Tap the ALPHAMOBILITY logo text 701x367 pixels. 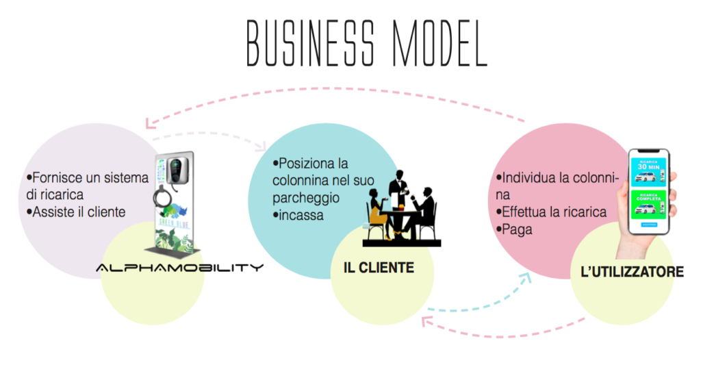tap(179, 267)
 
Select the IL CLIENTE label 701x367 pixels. tap(379, 268)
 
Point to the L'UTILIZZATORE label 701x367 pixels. tap(631, 273)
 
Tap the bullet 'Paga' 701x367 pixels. tap(516, 230)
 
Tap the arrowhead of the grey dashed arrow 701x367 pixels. tap(262, 147)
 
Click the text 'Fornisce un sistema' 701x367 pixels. tap(88, 177)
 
